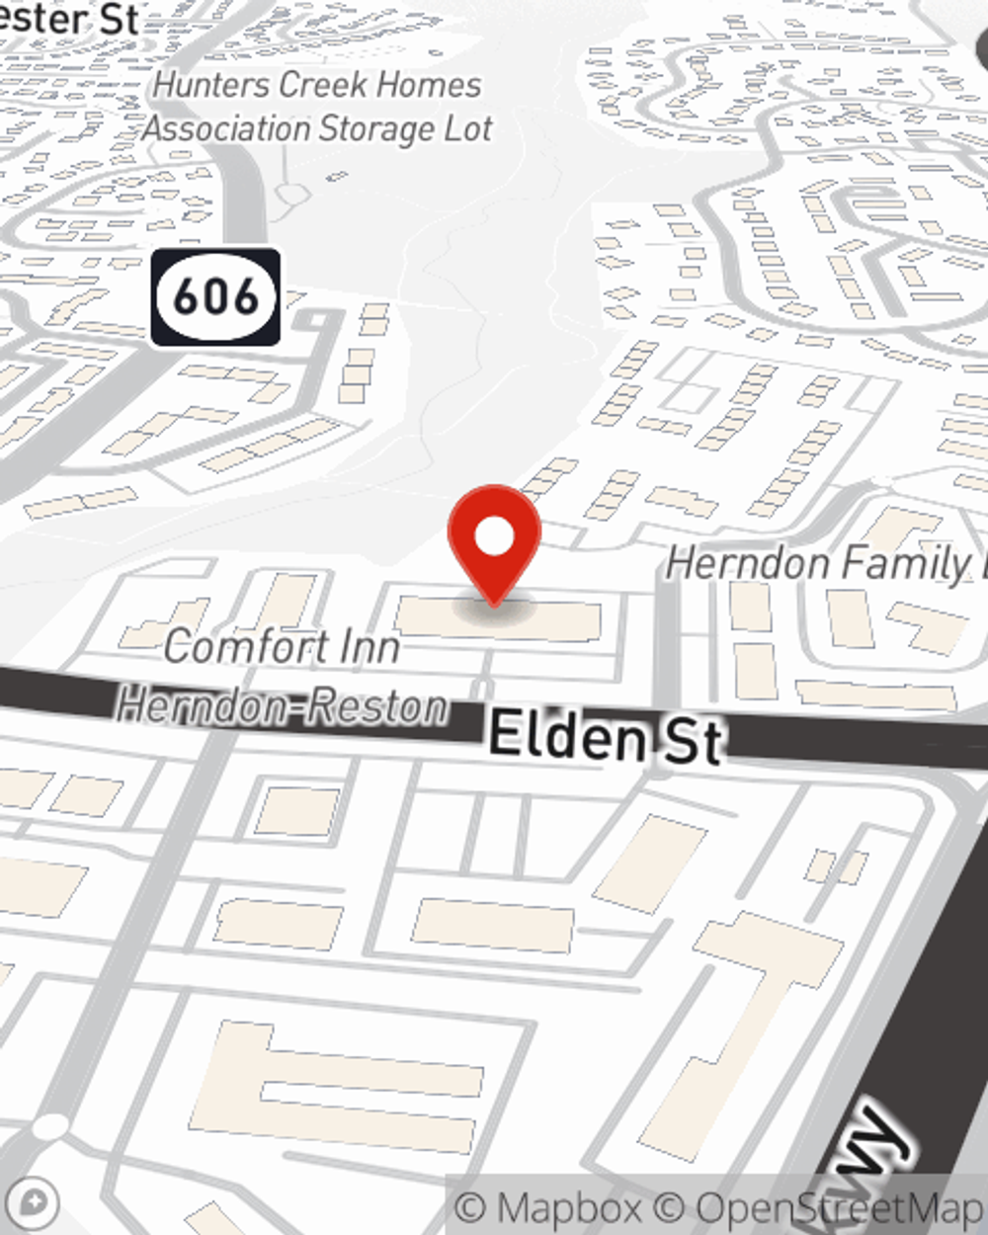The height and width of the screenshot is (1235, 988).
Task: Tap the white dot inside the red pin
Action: pos(494,537)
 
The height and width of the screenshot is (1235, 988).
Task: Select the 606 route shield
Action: pos(215,296)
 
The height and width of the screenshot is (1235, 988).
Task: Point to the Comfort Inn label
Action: pos(282,647)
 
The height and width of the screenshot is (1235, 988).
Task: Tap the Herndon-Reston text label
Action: pos(282,707)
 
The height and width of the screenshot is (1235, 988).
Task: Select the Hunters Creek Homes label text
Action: pos(317,85)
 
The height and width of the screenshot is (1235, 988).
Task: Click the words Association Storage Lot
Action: pos(317,128)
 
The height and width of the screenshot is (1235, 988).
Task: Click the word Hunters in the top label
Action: pos(210,85)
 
